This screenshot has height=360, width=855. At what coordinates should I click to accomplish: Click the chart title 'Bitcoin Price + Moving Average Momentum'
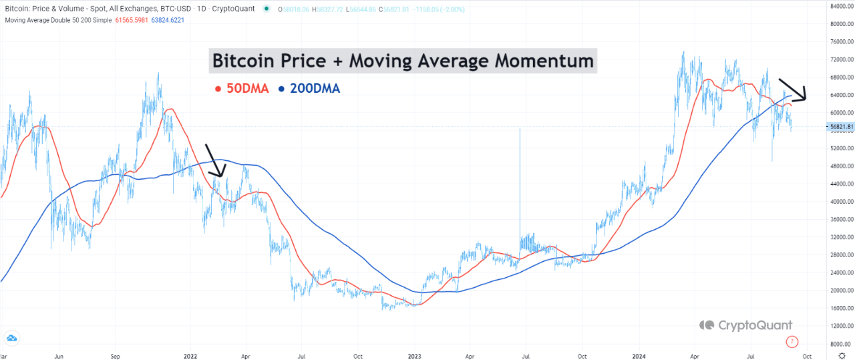403,61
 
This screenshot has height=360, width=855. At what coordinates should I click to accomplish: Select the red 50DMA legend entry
241,88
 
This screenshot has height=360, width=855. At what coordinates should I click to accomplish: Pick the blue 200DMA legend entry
309,88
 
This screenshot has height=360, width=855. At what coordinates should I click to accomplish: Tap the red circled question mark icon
792,343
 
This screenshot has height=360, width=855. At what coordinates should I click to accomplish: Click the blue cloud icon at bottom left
11,337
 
